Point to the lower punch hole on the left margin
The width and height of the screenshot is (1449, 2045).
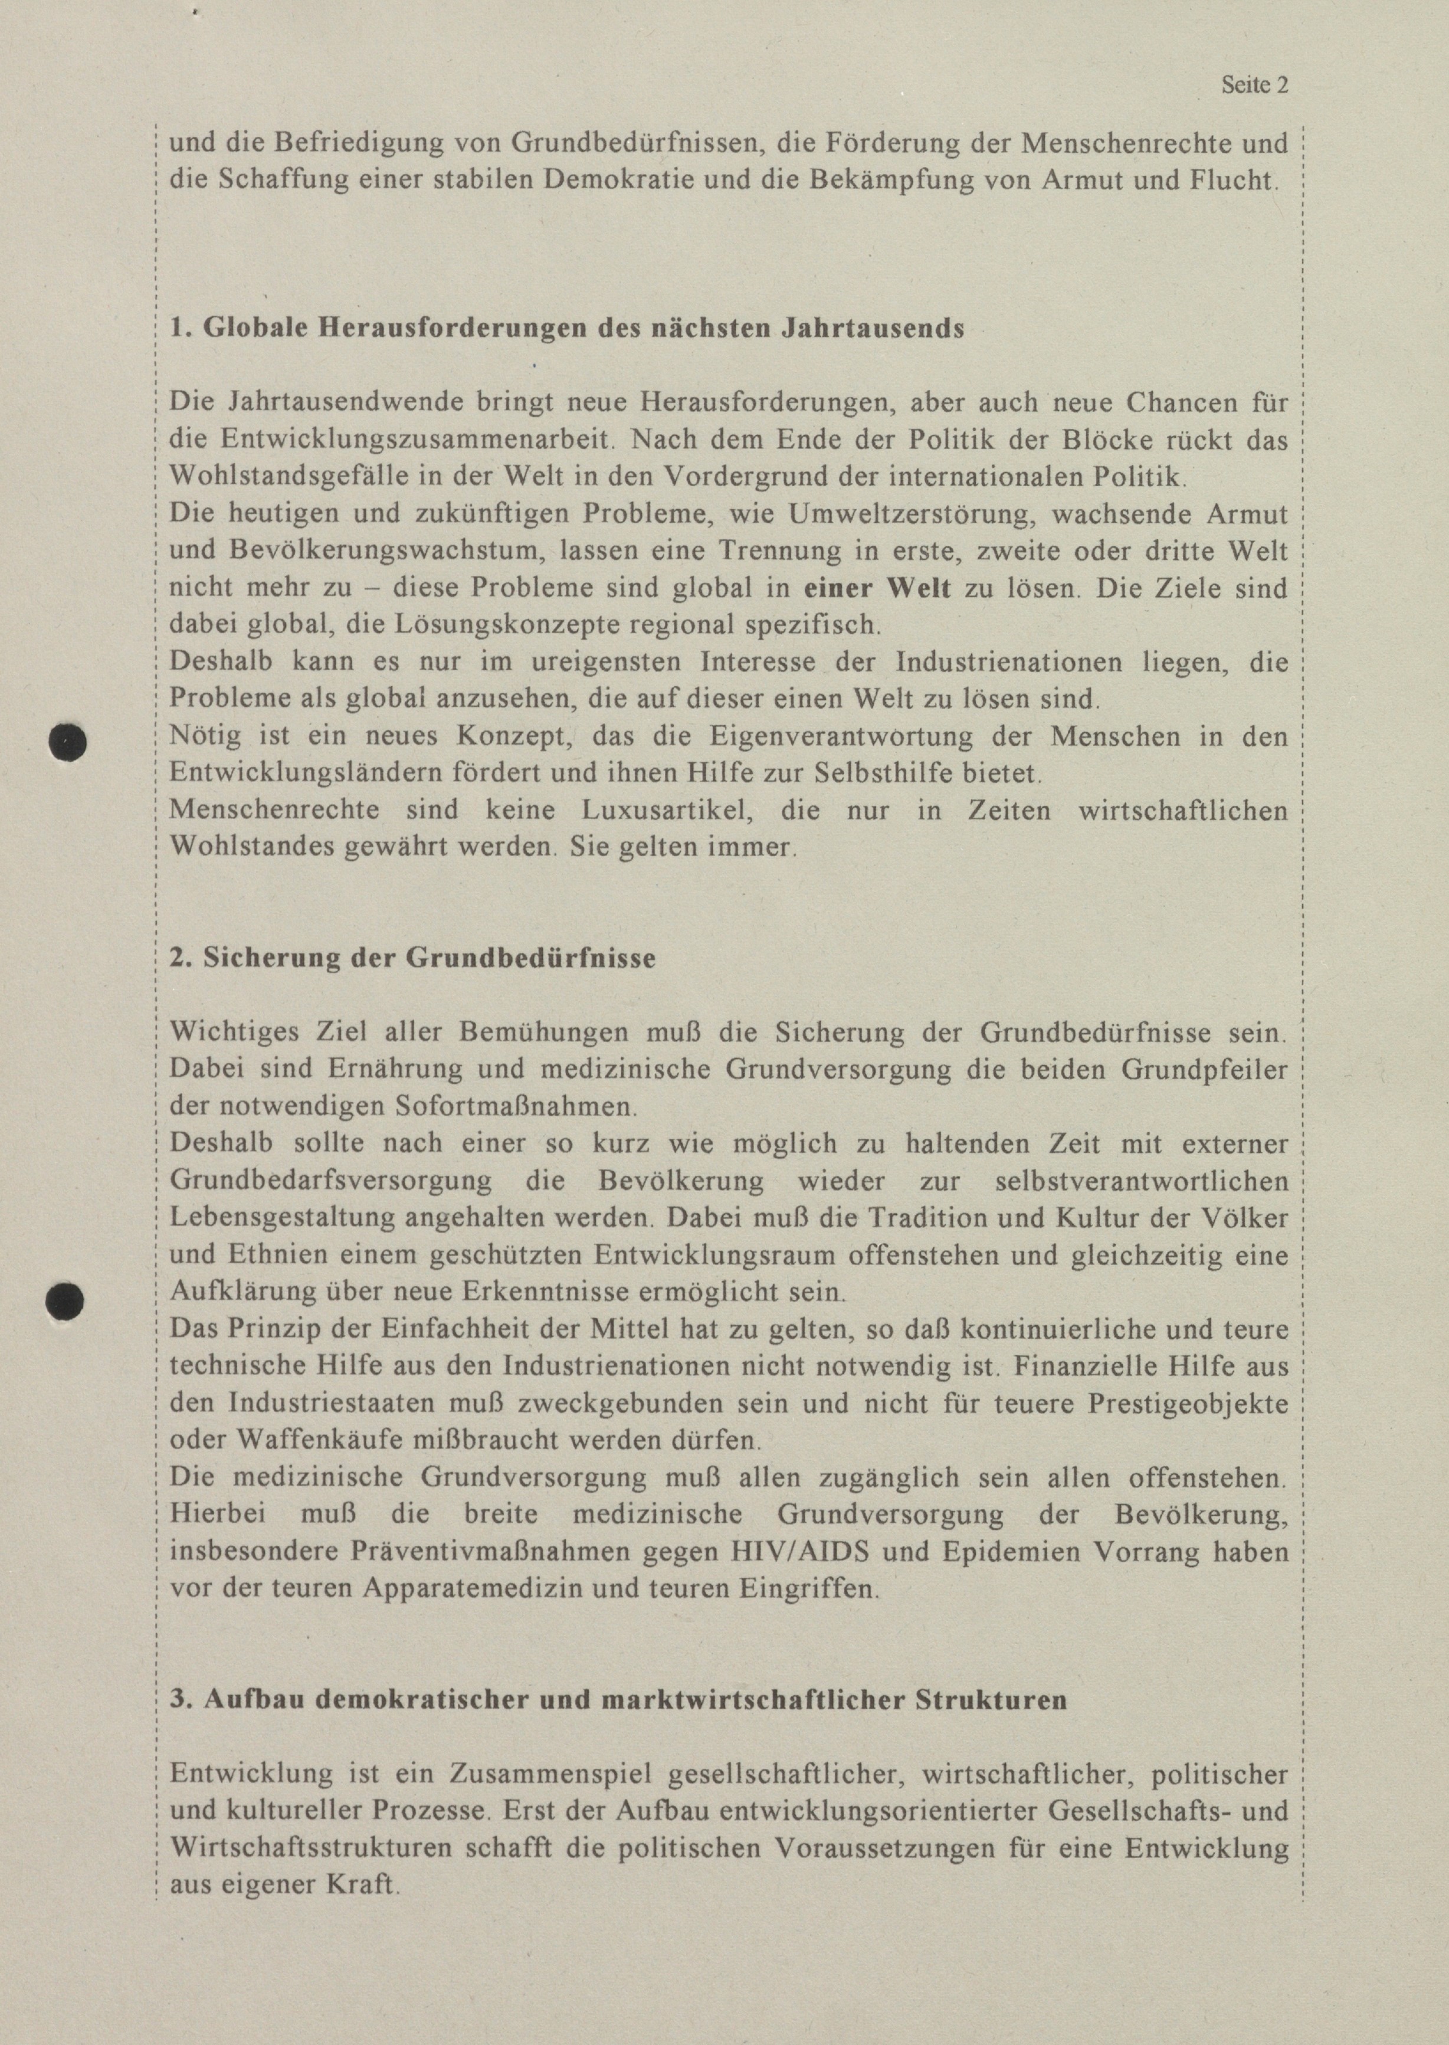click(65, 1300)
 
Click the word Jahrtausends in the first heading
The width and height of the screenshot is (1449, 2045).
click(872, 328)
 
